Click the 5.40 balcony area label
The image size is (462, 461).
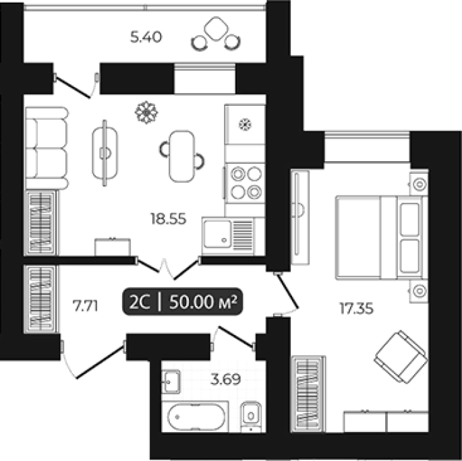tap(146, 37)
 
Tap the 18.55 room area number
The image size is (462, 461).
tap(169, 219)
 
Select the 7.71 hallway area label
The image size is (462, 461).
tap(85, 306)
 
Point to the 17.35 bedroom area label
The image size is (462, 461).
tap(357, 309)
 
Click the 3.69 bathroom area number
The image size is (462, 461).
tap(225, 379)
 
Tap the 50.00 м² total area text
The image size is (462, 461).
tap(203, 302)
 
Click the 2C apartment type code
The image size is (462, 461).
tap(140, 302)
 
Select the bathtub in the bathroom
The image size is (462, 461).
tap(196, 417)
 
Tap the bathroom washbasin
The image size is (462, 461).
tap(171, 382)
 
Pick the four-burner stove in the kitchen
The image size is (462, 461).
tap(246, 183)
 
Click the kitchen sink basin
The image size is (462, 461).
tap(217, 234)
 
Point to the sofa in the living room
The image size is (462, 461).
tap(47, 148)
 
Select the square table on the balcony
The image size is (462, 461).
tap(216, 28)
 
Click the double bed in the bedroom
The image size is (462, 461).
tap(382, 237)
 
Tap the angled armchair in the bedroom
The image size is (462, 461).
tap(401, 357)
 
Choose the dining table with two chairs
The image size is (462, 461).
tap(182, 156)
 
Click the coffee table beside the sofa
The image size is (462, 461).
tap(105, 153)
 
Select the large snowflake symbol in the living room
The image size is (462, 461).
tap(146, 112)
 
